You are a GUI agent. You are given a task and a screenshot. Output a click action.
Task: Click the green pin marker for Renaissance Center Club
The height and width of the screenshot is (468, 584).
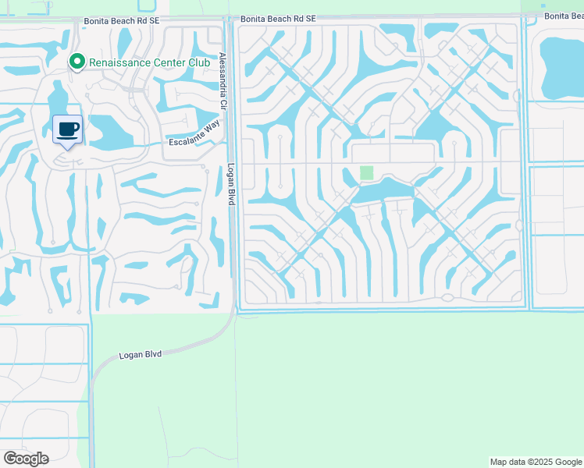(77, 61)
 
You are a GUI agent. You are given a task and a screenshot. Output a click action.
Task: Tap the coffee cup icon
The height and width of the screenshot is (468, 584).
(68, 129)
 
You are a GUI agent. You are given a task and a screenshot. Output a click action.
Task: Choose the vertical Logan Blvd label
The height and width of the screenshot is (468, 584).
(231, 184)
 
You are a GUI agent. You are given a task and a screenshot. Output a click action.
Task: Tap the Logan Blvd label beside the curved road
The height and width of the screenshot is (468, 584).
(140, 354)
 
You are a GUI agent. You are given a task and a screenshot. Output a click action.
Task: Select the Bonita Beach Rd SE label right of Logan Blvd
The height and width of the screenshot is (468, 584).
(278, 18)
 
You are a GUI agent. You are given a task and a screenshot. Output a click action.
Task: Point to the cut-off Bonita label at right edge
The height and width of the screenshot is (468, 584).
(564, 16)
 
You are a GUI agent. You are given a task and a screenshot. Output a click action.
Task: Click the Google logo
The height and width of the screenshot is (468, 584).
(26, 459)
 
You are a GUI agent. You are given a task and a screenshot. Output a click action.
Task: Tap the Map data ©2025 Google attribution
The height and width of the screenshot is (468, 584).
(535, 462)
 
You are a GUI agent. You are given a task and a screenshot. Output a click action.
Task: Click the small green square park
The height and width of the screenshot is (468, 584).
(366, 172)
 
